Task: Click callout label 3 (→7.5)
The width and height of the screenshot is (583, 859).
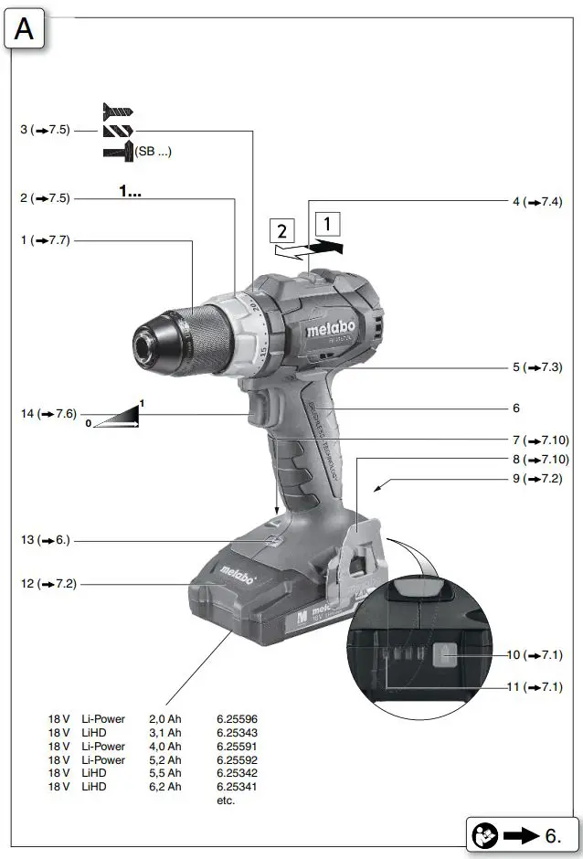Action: coord(45,131)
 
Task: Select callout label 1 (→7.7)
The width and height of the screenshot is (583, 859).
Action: coord(45,240)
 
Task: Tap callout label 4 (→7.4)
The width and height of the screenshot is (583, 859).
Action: coord(536,201)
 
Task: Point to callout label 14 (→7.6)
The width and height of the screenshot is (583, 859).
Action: coord(48,414)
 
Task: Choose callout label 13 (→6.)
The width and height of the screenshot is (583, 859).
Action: coord(44,541)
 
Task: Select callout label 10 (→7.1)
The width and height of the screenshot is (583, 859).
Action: coord(536,654)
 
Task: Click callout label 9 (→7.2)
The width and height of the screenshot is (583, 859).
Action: coord(536,478)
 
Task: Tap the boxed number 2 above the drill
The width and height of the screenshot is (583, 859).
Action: coord(282,230)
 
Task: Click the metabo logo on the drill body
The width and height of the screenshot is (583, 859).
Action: coord(323,322)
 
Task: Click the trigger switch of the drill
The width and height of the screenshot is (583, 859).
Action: coord(260,406)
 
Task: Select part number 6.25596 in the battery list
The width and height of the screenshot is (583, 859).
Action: coord(237,719)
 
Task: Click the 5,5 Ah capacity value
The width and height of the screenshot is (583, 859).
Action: coord(164,773)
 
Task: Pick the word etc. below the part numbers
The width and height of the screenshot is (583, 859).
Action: coord(226,801)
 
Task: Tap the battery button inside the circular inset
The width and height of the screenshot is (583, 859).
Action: coord(444,655)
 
